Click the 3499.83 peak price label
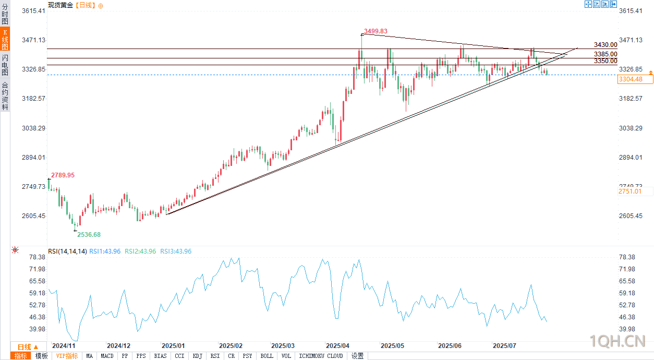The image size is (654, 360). pos(376,31)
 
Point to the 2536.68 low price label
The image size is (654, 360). pos(89,235)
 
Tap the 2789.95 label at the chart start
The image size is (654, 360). pos(63,175)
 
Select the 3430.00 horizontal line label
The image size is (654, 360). pos(605,45)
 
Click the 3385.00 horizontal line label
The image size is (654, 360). pos(605,54)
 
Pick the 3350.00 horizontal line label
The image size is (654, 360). pos(605,61)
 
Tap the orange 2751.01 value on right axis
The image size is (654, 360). pos(628,192)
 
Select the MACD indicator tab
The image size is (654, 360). pos(107,356)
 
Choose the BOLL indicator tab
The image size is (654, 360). pos(267,356)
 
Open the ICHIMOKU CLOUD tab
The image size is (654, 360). pos(321,356)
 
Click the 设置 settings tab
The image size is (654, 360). pos(357,356)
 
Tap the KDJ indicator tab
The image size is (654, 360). pos(197,356)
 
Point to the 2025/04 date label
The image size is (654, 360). pos(337,346)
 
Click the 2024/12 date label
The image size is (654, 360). pos(118,346)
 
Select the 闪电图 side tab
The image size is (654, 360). pos(5,65)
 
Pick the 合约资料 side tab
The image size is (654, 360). pos(5,96)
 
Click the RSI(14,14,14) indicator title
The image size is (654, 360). pos(67,251)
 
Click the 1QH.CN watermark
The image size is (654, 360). pos(617,342)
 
